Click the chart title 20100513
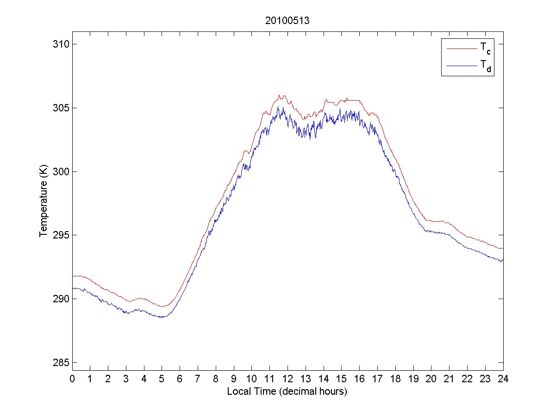pyautogui.click(x=287, y=20)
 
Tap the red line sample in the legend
pyautogui.click(x=462, y=48)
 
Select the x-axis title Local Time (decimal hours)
pyautogui.click(x=287, y=392)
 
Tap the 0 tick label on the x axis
pyautogui.click(x=72, y=379)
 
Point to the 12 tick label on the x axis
pyautogui.click(x=287, y=379)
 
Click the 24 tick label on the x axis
pyautogui.click(x=503, y=379)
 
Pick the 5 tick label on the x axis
pyautogui.click(x=162, y=379)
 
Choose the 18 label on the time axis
pyautogui.click(x=395, y=379)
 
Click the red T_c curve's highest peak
pyautogui.click(x=279, y=95)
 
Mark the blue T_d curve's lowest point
pyautogui.click(x=162, y=317)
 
